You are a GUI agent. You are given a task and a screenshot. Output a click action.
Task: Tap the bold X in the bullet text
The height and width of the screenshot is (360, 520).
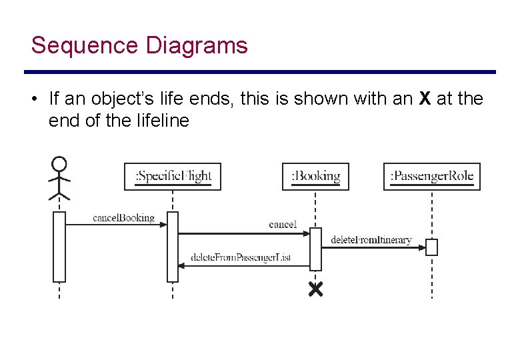pos(425,99)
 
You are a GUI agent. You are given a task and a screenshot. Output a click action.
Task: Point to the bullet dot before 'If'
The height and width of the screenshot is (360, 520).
pos(33,99)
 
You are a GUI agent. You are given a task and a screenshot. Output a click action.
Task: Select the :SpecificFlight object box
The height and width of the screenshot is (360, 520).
pos(173,177)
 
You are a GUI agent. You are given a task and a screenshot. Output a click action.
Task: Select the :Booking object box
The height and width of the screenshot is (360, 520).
pos(315,177)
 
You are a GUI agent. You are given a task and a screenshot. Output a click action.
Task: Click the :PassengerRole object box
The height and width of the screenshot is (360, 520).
pos(432,177)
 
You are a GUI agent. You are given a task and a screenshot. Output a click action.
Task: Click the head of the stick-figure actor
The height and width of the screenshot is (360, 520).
pos(59,163)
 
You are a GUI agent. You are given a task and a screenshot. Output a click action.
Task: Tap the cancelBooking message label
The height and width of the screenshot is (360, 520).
pos(123,217)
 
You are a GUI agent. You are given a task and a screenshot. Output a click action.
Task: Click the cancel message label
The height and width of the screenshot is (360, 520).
pos(283,225)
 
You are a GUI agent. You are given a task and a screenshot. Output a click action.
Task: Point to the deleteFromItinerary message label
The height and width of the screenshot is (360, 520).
pos(371,239)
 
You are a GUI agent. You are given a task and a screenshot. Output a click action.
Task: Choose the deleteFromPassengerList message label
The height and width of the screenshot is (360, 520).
pos(241,257)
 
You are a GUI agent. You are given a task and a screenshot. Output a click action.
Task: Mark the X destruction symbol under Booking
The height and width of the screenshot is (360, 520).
pos(315,289)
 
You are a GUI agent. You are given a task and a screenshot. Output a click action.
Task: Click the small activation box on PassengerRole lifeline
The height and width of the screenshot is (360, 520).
pos(432,247)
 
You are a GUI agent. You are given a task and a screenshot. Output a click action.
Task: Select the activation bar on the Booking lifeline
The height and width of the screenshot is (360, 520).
pos(315,249)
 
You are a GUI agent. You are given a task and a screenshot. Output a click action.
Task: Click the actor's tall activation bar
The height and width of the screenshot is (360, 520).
pos(59,247)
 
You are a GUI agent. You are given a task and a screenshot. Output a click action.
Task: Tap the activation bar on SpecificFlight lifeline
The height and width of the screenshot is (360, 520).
pos(173,247)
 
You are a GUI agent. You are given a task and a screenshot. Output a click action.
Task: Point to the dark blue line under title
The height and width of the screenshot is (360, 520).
pos(260,72)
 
